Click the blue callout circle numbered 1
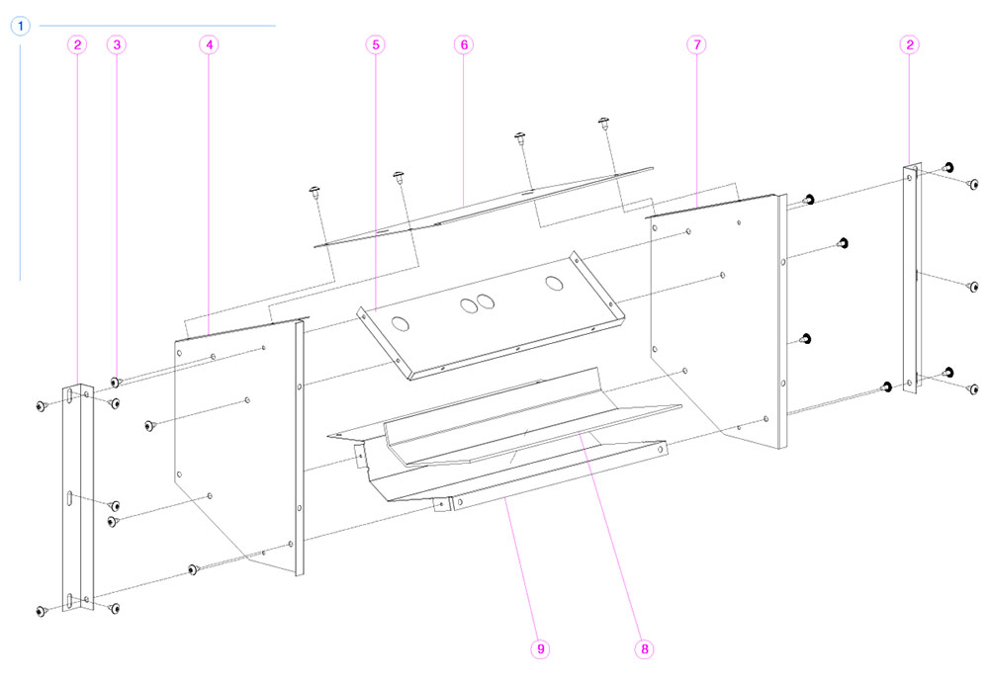click(22, 26)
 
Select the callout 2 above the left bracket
click(78, 44)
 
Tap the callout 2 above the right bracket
click(910, 44)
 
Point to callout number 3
click(118, 44)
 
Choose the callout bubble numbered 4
click(209, 44)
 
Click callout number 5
click(375, 44)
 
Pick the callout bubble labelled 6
click(465, 44)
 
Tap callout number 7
click(697, 44)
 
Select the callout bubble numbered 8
click(644, 649)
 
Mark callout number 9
click(540, 649)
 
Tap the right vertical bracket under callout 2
click(911, 297)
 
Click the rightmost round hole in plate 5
click(553, 285)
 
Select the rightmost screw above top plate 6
click(603, 123)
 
